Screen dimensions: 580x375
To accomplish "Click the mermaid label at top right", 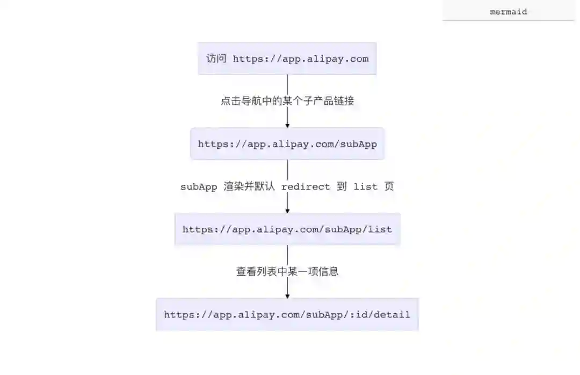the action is pos(508,11).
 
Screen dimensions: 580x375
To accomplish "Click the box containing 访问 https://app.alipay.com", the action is pos(287,59).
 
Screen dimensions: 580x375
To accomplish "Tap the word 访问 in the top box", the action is pos(216,59).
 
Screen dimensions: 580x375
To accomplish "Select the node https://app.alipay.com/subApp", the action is pos(287,144).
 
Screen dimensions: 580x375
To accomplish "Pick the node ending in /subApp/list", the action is pos(287,229).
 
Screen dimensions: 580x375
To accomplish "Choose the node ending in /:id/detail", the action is pos(287,314).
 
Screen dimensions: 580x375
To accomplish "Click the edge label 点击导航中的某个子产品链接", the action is pos(287,101).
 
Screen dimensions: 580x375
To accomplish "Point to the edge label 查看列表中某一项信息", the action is pos(287,272).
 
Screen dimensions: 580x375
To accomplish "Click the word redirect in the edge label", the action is pos(306,186).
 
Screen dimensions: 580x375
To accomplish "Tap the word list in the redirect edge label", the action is pos(365,186).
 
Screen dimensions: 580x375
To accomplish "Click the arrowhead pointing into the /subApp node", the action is pos(287,125).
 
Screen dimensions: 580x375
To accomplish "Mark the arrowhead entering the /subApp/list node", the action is pos(287,211).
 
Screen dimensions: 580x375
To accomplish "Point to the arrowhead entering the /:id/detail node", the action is pos(287,295).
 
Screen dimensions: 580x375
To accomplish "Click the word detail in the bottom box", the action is pos(392,314).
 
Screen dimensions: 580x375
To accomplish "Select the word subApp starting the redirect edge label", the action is pos(198,186).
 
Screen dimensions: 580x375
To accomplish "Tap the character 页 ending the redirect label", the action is pos(389,186).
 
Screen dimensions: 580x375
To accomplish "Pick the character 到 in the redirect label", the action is pos(342,186).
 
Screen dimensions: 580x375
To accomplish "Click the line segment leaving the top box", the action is pos(287,83).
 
